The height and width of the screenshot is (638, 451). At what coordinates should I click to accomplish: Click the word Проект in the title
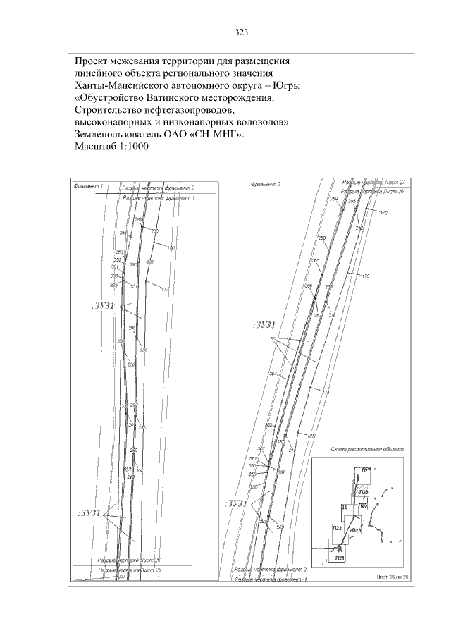93,61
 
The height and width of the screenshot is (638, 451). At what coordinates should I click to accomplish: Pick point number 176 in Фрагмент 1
170,247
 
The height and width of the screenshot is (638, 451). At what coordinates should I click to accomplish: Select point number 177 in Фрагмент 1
165,290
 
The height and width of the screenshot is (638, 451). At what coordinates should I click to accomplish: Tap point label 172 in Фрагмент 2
383,212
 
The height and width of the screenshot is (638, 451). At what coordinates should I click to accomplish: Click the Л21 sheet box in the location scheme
340,557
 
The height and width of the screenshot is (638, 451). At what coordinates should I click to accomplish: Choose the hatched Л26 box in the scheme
363,492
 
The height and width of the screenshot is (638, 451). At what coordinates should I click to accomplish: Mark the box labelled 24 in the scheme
344,507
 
